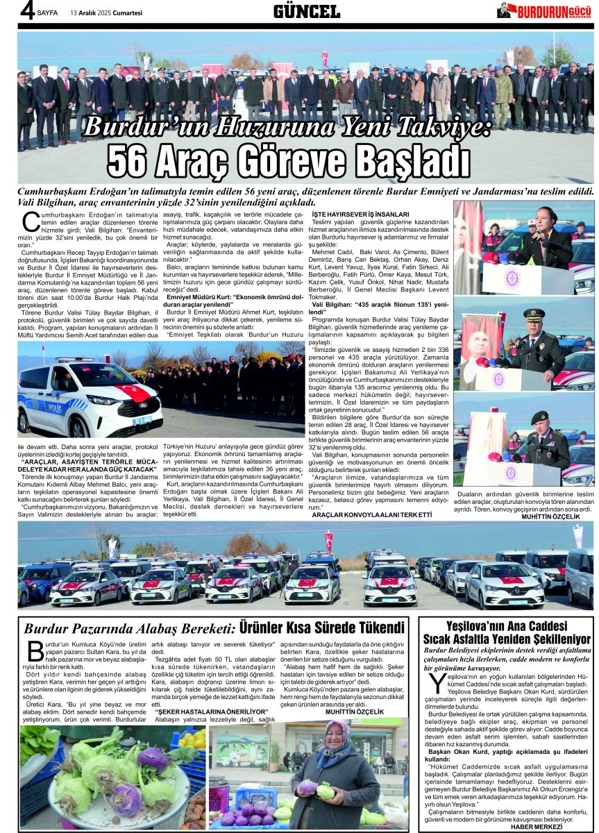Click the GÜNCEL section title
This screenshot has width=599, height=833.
306,11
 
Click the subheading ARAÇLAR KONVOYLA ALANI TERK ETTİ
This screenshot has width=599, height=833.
371,515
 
